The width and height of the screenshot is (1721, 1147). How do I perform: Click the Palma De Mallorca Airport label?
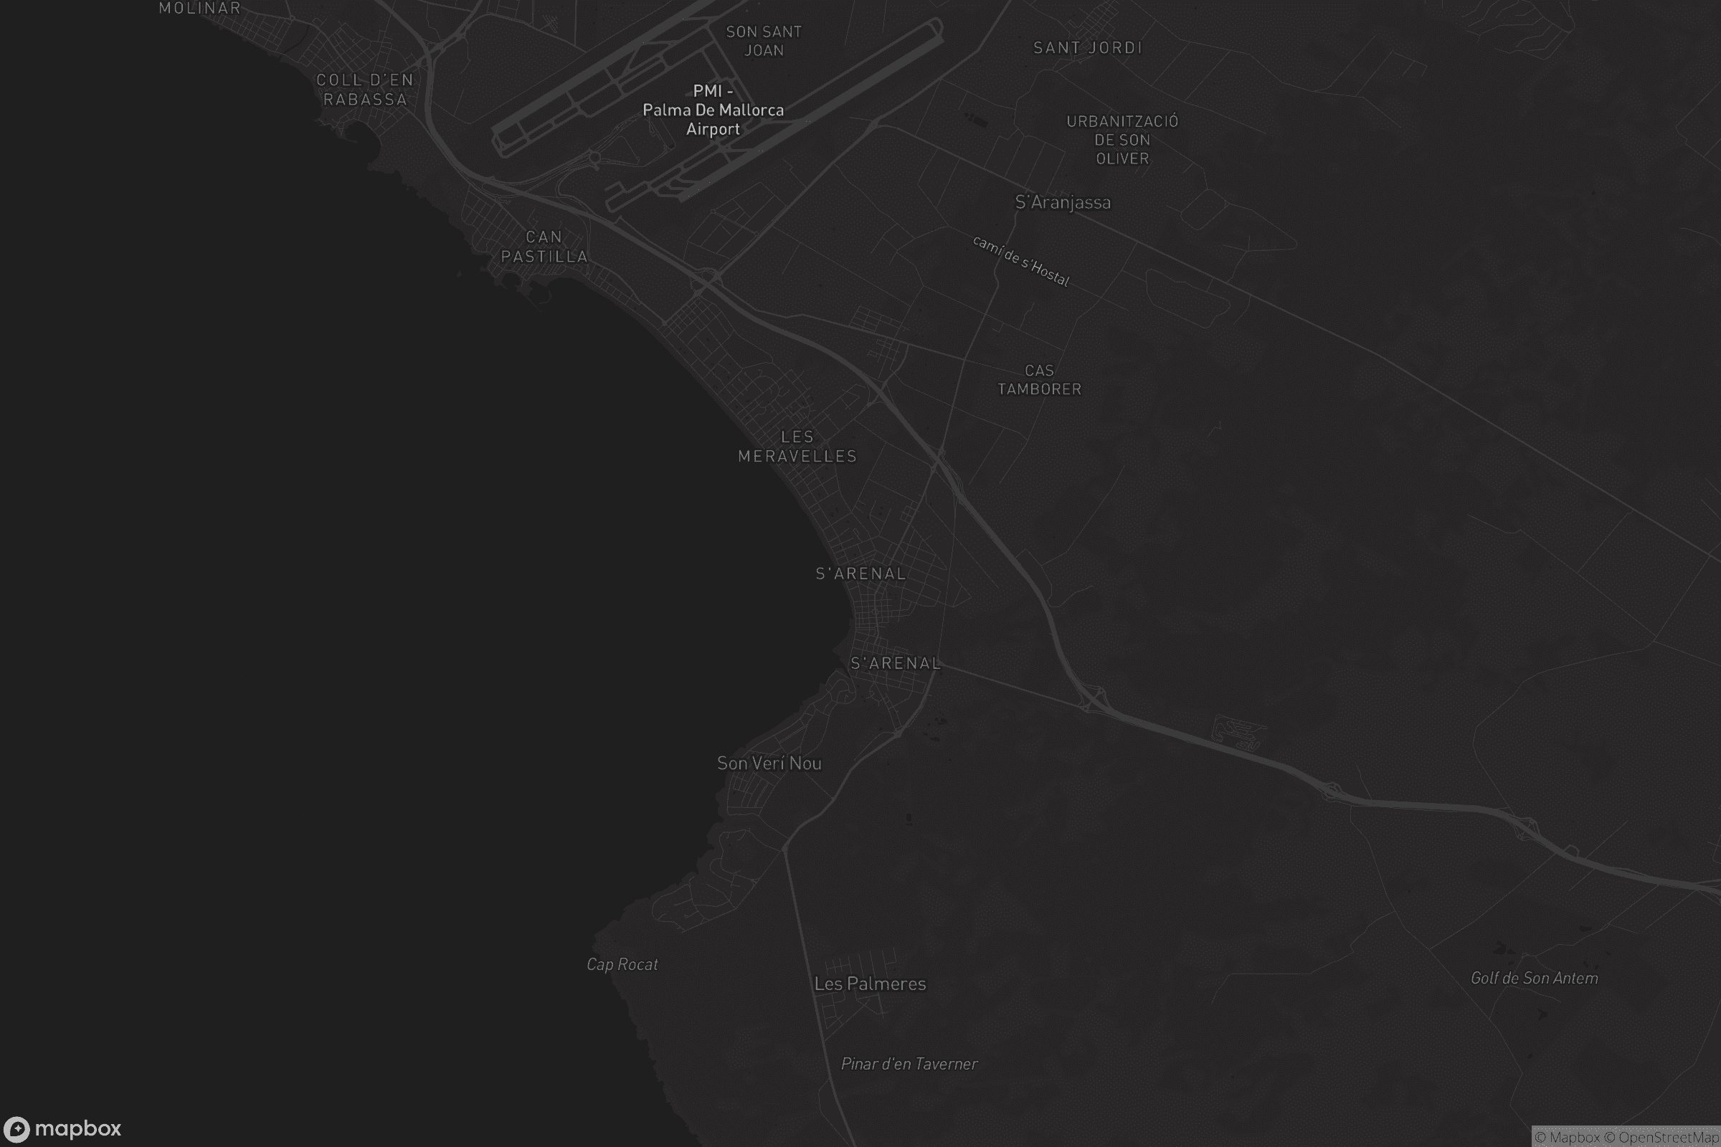click(713, 110)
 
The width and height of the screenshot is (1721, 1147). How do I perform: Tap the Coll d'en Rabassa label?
click(364, 89)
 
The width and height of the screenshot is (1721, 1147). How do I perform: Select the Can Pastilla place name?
click(544, 247)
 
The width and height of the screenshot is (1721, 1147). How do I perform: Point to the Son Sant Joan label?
click(763, 41)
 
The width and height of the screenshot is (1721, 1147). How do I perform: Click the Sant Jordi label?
click(1087, 47)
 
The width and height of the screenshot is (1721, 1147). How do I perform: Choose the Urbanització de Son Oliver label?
click(1122, 140)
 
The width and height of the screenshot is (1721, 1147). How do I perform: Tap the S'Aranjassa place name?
click(1063, 202)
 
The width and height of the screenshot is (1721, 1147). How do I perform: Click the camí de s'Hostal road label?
click(1021, 260)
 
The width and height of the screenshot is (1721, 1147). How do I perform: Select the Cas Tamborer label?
click(1039, 380)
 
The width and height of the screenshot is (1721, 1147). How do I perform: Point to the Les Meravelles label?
click(797, 446)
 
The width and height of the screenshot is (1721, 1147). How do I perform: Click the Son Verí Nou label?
click(769, 763)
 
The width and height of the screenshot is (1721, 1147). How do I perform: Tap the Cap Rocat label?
click(622, 964)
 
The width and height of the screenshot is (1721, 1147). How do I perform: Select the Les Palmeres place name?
click(870, 984)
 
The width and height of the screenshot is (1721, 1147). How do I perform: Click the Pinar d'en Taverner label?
click(909, 1064)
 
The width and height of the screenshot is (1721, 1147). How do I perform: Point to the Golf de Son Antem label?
click(1534, 978)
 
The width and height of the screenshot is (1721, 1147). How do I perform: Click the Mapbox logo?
click(62, 1128)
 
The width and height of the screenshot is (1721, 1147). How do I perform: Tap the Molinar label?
click(200, 8)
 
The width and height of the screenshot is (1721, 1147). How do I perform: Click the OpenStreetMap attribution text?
click(1661, 1138)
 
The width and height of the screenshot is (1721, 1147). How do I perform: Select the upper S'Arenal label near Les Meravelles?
click(860, 573)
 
